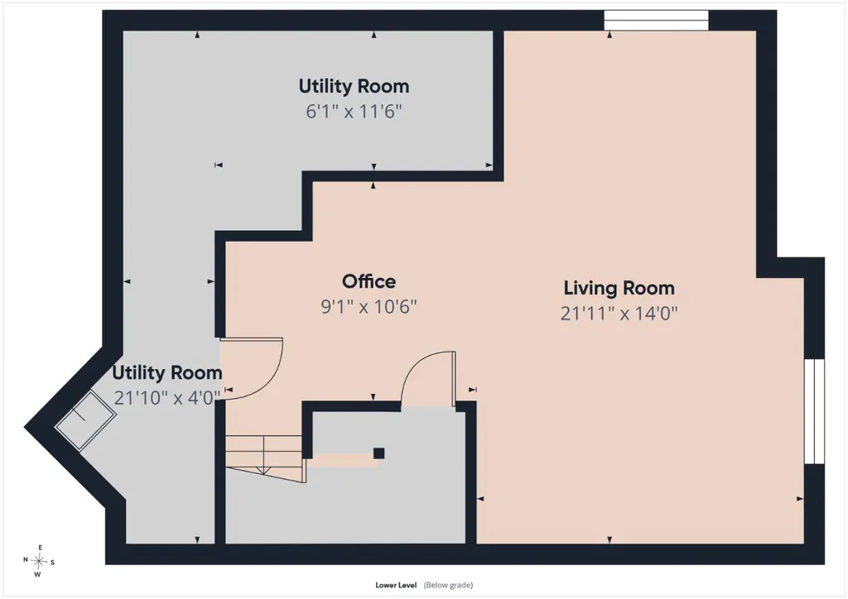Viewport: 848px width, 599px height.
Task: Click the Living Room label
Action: pos(619,288)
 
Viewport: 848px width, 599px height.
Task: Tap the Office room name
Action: pos(369,281)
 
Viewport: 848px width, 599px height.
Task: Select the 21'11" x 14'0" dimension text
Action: pos(619,314)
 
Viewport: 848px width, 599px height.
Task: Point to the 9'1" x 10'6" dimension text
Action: pos(369,307)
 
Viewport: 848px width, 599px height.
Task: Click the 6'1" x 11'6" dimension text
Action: pos(354,111)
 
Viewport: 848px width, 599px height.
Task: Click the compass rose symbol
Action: pos(39,562)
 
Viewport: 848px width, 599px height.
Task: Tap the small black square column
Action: pos(379,453)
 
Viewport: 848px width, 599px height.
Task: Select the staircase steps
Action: pos(264,457)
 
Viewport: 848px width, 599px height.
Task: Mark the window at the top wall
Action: pos(656,21)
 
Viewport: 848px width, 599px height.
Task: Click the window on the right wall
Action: pos(814,411)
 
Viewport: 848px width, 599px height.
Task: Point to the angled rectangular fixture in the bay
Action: pos(85,421)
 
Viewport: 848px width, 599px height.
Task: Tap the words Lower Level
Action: pos(396,585)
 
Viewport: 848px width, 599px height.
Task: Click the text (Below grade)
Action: pos(448,585)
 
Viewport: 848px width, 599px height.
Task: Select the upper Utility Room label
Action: pos(354,86)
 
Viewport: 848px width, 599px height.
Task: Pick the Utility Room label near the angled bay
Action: pos(167,372)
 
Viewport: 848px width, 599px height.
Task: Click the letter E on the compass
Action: pos(40,548)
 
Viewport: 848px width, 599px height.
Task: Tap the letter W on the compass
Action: pos(38,575)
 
